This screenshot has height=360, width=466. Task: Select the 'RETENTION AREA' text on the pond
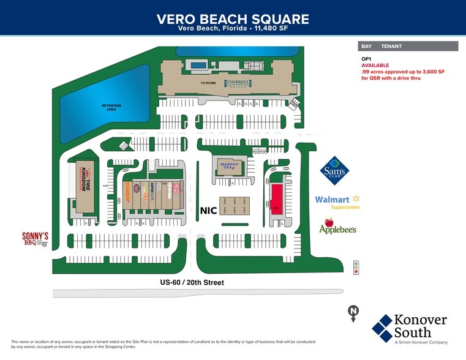(x=111, y=107)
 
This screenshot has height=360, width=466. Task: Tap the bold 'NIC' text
(x=209, y=210)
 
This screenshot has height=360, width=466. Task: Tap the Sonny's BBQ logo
(x=35, y=239)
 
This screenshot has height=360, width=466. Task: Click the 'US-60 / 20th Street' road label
(x=192, y=282)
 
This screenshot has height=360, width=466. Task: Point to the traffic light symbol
(x=356, y=267)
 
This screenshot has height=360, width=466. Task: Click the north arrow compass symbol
(x=353, y=312)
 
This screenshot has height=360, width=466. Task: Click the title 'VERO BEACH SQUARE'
(x=233, y=19)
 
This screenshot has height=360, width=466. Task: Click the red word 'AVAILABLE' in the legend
(x=375, y=66)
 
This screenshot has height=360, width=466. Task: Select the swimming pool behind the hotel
(x=198, y=64)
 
